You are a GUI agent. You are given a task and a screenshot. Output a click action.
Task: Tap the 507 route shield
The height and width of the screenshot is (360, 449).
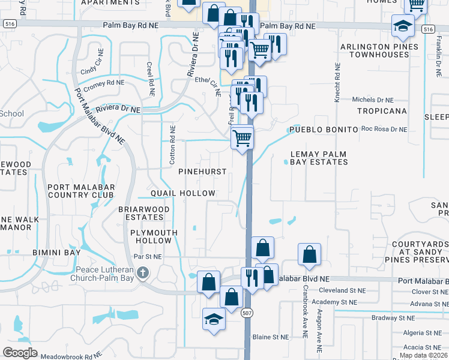click(x=247, y=313)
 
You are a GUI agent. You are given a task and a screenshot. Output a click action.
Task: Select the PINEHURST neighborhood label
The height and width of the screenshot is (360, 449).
click(x=203, y=172)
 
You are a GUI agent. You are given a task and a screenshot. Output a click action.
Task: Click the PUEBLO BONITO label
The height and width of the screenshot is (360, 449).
click(x=318, y=130)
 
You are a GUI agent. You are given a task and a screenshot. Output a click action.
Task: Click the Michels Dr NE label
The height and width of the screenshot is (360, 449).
click(x=373, y=100)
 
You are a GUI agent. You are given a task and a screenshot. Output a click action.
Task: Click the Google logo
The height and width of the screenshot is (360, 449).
click(x=20, y=353)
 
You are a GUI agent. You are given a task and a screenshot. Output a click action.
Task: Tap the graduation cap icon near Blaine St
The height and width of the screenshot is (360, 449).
click(x=214, y=319)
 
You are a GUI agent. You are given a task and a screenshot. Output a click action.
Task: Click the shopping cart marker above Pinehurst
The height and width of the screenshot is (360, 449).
click(x=243, y=139)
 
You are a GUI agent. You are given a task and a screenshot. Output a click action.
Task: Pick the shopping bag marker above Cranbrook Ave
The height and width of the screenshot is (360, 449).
click(x=309, y=254)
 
